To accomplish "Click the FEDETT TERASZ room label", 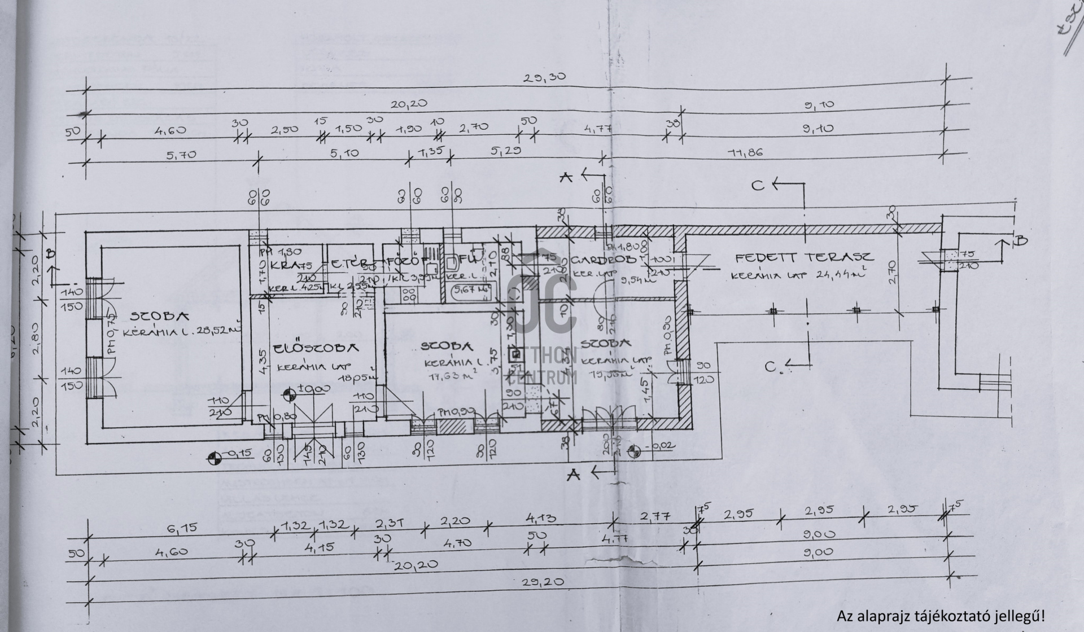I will tap(804, 258).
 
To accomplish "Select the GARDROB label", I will tap(604, 260).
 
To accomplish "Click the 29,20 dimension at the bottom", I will tap(543, 581).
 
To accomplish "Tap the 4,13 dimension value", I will tap(540, 517).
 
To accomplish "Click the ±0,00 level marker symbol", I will tap(289, 394).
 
